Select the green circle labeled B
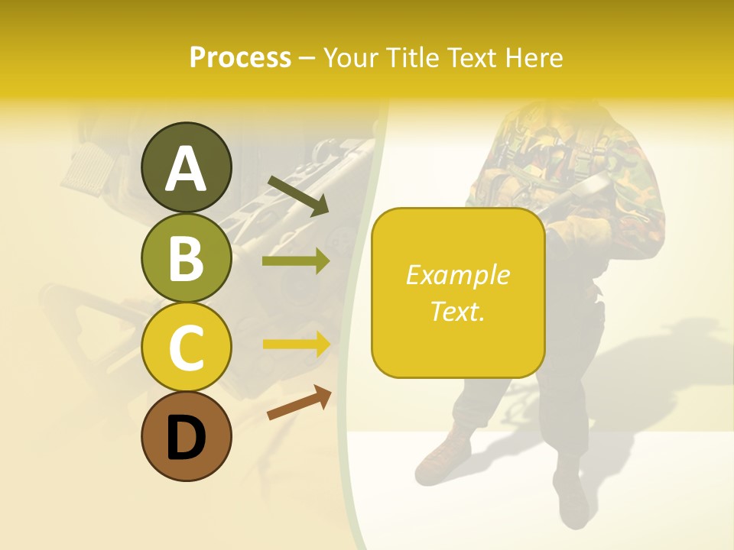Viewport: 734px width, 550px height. (x=186, y=257)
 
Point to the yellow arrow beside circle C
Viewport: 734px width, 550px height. (x=296, y=345)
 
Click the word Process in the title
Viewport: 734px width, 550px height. (x=240, y=57)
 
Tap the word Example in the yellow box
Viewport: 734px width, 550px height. (x=457, y=275)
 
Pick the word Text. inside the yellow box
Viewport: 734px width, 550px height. (x=457, y=311)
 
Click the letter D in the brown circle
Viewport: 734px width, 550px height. (x=186, y=440)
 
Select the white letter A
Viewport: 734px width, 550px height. (x=186, y=170)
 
